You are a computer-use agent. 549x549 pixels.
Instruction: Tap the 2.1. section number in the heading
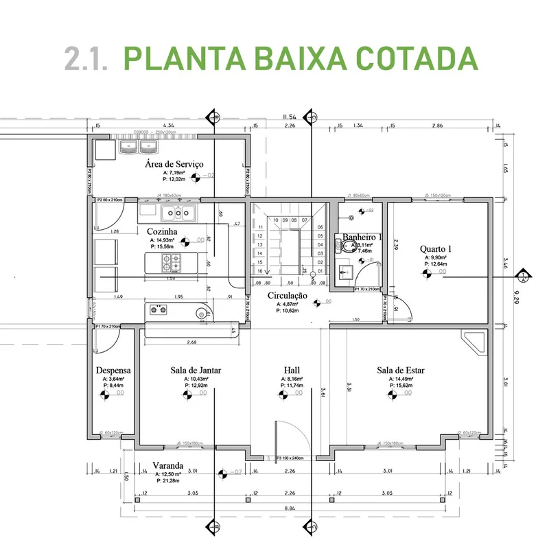86,59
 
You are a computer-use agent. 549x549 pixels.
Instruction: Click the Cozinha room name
162,232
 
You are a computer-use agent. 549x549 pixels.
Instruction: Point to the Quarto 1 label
436,248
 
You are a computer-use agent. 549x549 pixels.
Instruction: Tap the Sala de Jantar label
196,371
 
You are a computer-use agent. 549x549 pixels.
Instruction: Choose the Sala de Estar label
401,371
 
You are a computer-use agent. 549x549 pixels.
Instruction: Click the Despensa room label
113,371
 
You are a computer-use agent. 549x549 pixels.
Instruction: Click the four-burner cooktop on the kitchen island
170,261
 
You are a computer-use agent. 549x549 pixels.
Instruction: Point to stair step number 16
260,272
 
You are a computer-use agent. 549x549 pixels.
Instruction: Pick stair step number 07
304,220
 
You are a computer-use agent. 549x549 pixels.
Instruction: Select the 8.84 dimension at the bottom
292,509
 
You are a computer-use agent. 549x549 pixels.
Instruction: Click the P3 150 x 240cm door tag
290,458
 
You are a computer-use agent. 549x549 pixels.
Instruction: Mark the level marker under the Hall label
282,395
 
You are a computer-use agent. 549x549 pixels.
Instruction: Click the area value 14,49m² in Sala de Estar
401,379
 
